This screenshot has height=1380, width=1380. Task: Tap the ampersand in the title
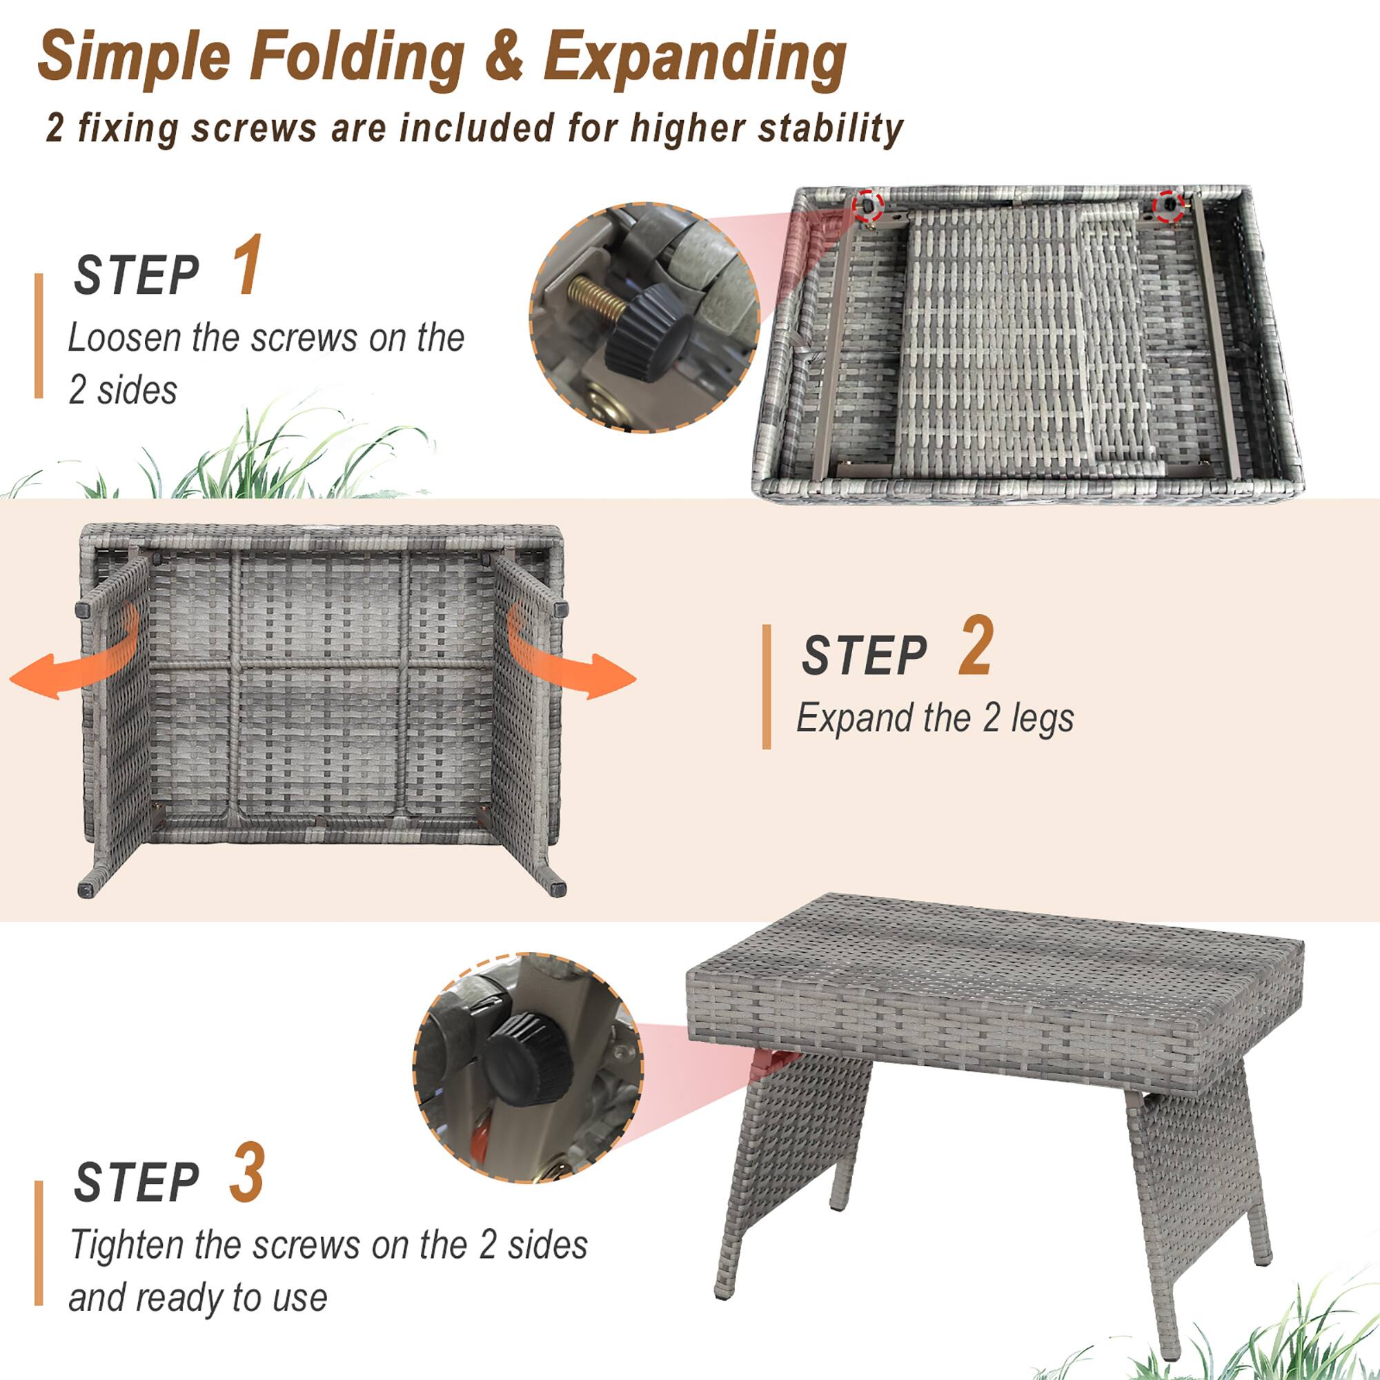pyautogui.click(x=504, y=57)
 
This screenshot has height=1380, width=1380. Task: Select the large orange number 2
pyautogui.click(x=975, y=646)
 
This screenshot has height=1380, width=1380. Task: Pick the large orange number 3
pyautogui.click(x=246, y=1174)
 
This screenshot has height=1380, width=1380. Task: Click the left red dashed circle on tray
pyautogui.click(x=869, y=206)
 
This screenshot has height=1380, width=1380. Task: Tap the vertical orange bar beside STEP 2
pyautogui.click(x=767, y=687)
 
